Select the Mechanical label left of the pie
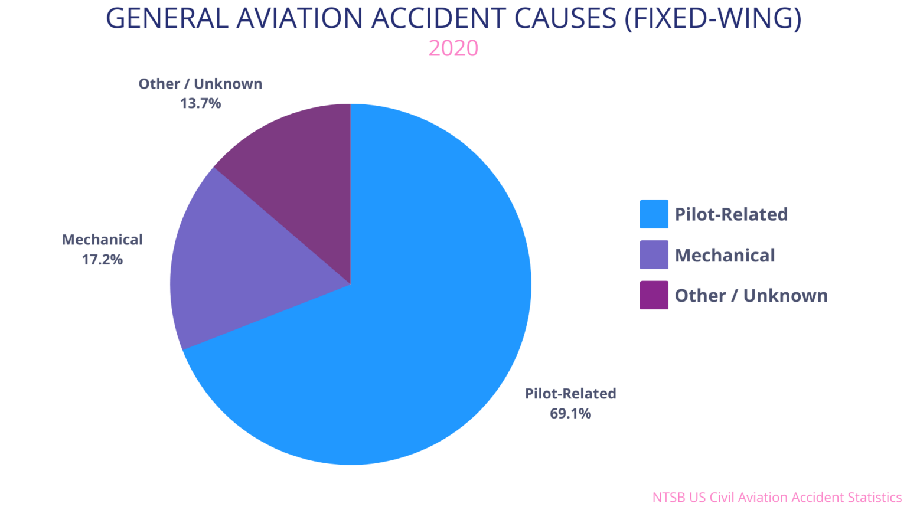(x=101, y=240)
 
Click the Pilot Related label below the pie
(x=570, y=393)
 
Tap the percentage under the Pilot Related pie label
(x=570, y=413)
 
